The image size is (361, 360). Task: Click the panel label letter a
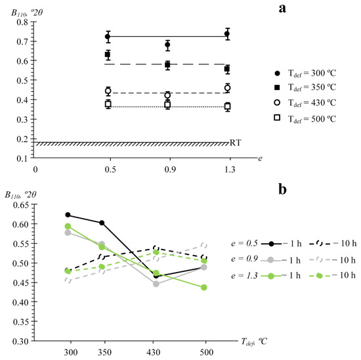(x=282, y=9)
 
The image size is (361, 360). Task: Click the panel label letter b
(x=282, y=189)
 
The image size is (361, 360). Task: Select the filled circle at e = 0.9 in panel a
(x=167, y=45)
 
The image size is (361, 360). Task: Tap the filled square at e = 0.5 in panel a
(x=108, y=55)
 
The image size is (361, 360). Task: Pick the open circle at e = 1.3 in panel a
(x=228, y=88)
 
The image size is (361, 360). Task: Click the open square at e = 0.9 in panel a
(x=167, y=104)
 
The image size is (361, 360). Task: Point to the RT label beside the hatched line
(x=235, y=143)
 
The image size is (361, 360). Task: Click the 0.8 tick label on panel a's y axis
(x=22, y=22)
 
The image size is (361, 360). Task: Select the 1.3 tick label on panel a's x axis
(x=230, y=169)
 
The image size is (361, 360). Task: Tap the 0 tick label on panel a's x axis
(x=35, y=169)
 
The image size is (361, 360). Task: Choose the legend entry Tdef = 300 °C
(x=305, y=74)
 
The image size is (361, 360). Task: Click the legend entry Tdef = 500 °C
(x=305, y=119)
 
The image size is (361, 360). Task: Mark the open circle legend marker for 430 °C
(x=278, y=102)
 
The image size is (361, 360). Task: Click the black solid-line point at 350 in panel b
(x=102, y=223)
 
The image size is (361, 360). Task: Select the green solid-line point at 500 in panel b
(x=203, y=287)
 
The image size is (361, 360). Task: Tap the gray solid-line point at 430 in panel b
(x=156, y=284)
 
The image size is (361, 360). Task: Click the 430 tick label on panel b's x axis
(x=154, y=352)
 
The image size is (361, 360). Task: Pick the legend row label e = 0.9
(x=244, y=259)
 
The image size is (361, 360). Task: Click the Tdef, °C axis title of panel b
(x=254, y=342)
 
